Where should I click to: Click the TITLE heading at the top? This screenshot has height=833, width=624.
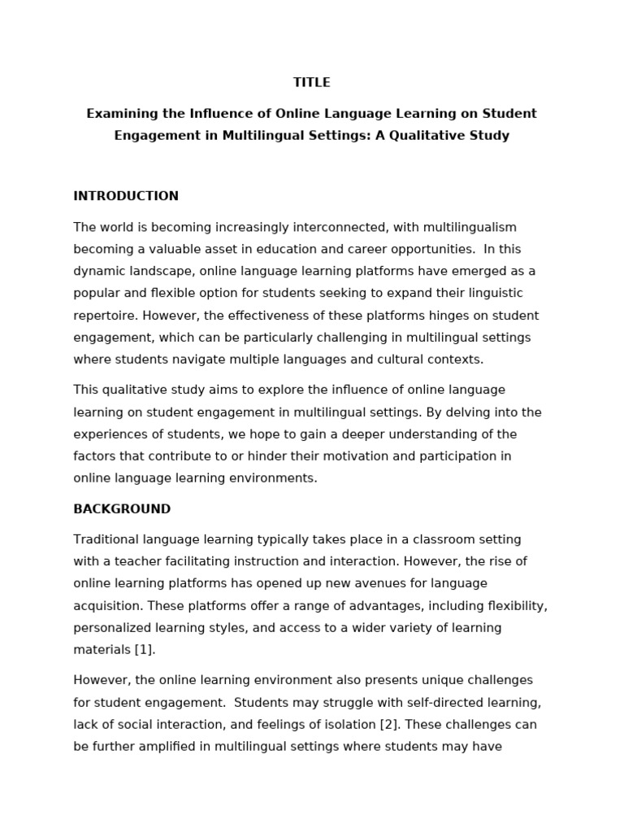[312, 82]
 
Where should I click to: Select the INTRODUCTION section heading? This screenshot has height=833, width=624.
[126, 196]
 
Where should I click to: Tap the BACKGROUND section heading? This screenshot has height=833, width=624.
[122, 509]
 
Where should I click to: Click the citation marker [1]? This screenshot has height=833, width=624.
[145, 650]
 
